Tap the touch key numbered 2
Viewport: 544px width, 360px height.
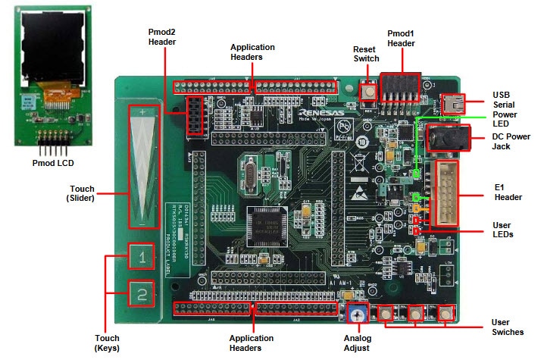[x=141, y=295]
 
